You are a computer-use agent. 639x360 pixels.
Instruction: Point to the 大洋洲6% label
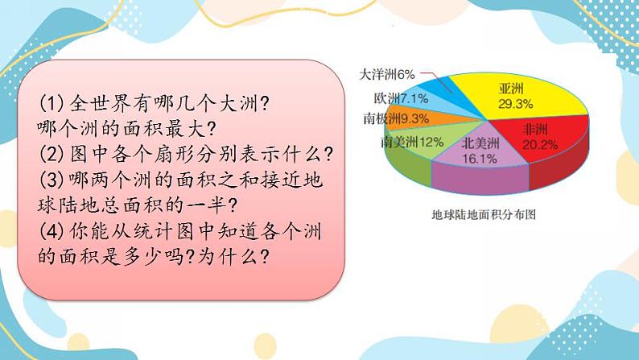coord(387,75)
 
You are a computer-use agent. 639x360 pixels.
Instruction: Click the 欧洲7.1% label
coord(401,98)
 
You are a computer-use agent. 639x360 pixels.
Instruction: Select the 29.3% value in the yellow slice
coord(515,104)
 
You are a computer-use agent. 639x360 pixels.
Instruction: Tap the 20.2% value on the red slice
coord(540,145)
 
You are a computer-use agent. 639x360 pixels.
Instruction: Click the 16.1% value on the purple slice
coord(480,159)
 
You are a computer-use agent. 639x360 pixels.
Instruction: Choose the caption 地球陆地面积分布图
coord(484,214)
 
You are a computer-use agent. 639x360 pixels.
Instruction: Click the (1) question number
coord(52,104)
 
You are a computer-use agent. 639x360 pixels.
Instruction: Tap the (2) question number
coord(52,154)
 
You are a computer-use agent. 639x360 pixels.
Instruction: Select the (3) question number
coord(52,180)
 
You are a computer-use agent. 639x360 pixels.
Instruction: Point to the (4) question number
coord(52,231)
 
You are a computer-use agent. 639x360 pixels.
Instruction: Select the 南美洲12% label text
coord(412,142)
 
